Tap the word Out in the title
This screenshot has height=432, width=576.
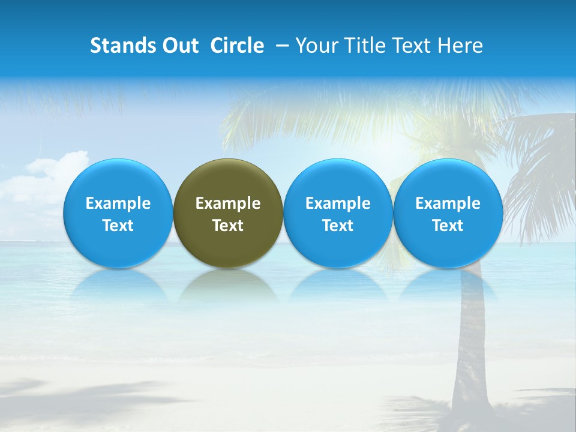[x=179, y=46]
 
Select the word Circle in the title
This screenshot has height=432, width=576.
[x=237, y=46]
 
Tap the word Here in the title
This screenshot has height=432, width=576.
[x=460, y=46]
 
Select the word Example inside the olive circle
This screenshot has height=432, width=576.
[x=228, y=203]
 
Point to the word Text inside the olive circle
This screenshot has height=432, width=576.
[x=228, y=226]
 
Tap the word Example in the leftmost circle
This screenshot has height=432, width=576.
[x=118, y=203]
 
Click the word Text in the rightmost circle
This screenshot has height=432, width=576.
[x=448, y=226]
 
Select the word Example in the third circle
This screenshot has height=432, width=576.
[x=338, y=203]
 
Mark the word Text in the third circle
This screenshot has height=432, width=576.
[x=338, y=226]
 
